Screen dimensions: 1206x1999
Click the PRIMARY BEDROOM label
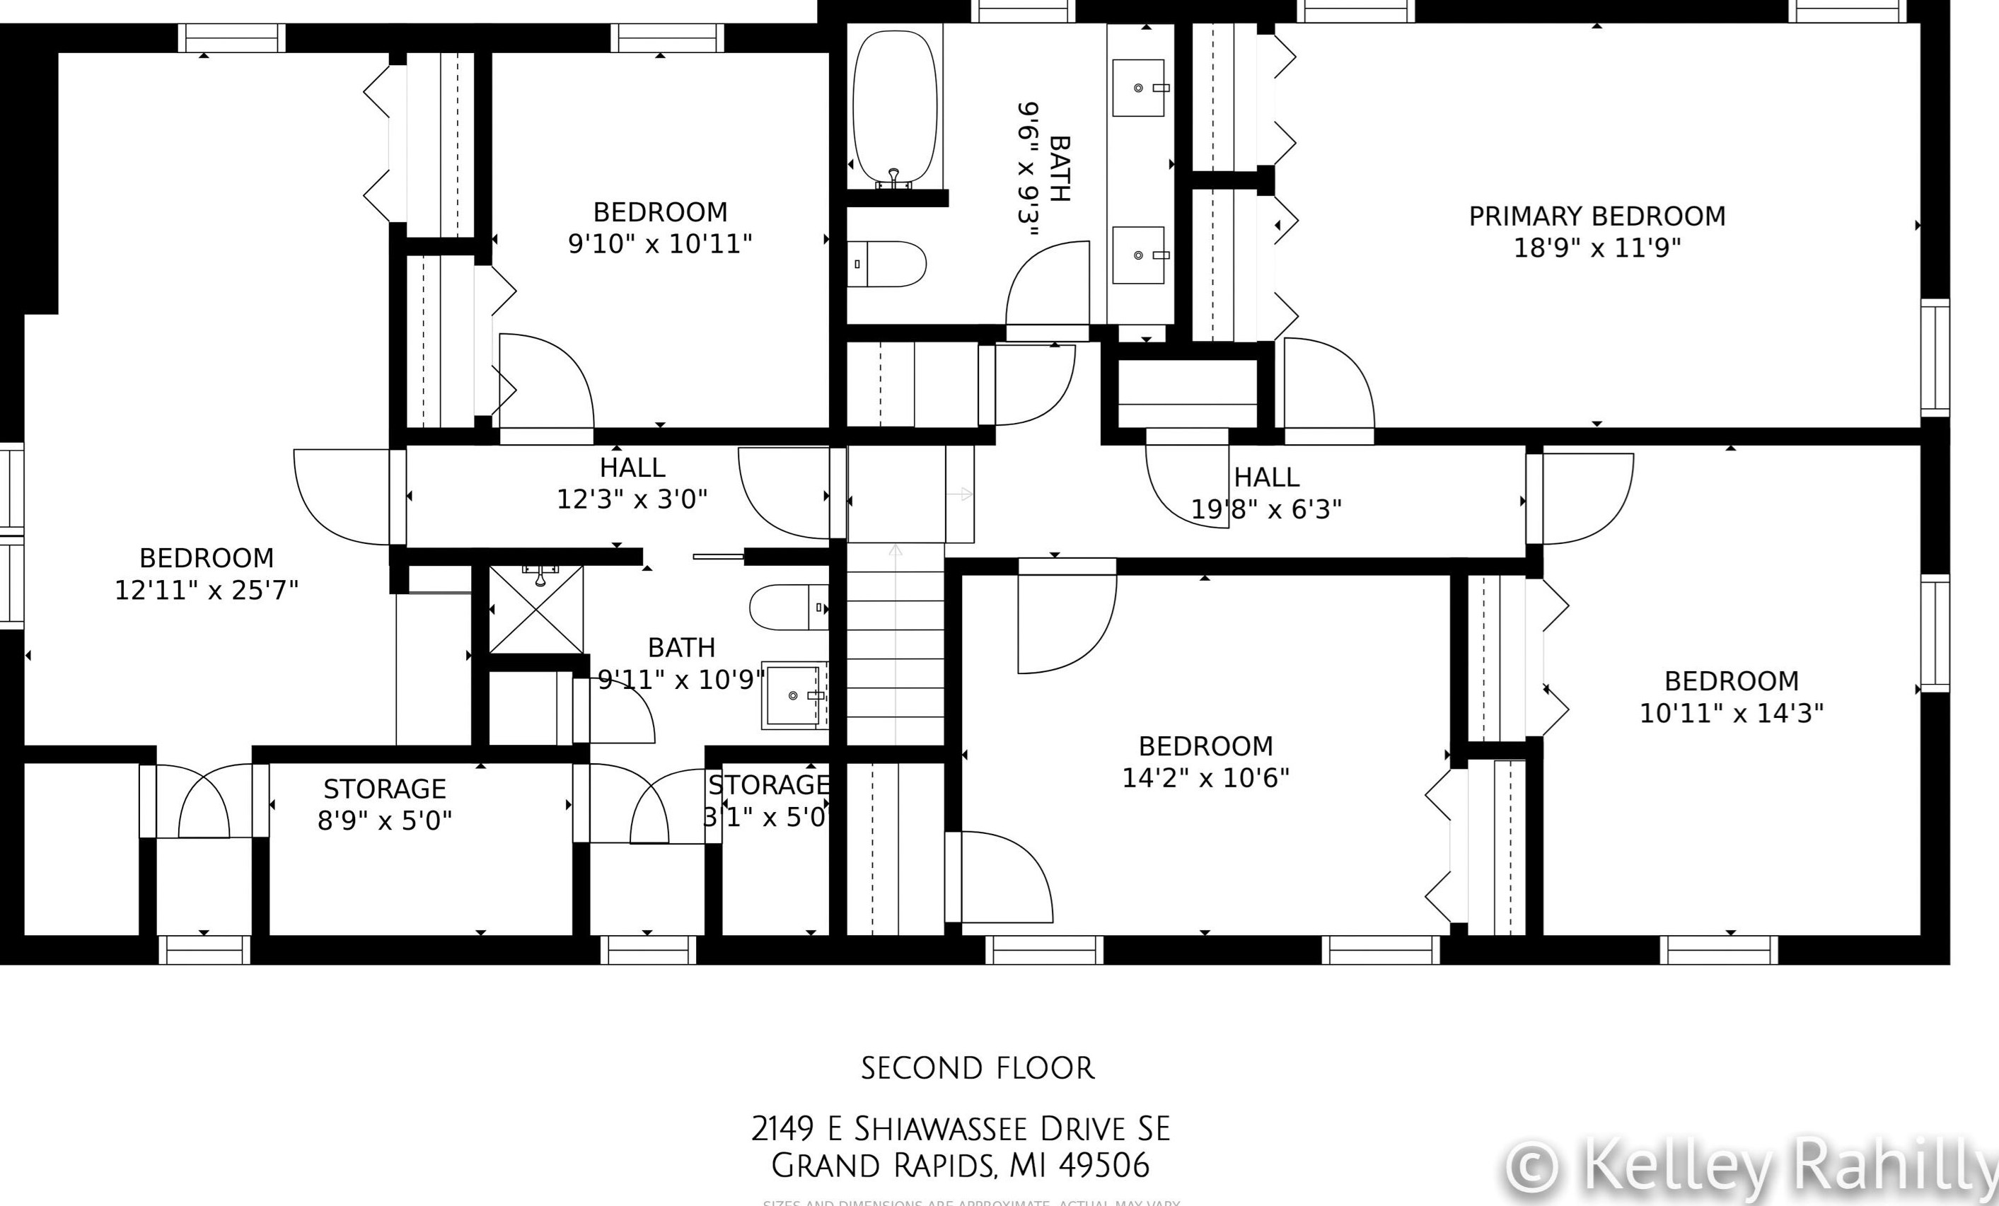click(1597, 216)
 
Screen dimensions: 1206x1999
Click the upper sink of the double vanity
click(1138, 87)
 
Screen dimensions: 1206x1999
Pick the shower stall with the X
click(536, 610)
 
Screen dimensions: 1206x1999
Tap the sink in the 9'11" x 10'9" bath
click(793, 695)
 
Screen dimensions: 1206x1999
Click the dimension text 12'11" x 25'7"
click(206, 590)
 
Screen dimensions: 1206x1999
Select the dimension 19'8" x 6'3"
click(1265, 509)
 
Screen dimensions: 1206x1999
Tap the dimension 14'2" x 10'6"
click(1205, 778)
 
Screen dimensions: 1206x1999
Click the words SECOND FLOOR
click(978, 1068)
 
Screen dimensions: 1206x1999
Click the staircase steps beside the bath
click(895, 649)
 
